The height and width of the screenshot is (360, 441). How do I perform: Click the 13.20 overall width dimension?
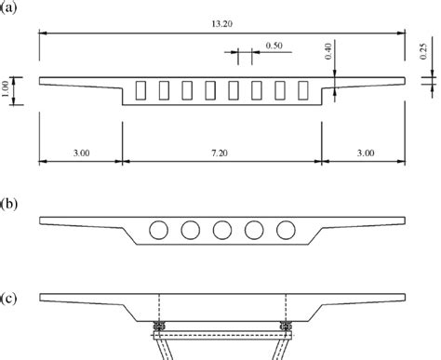[x=221, y=24]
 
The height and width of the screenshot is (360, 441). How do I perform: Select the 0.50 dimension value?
[x=274, y=46]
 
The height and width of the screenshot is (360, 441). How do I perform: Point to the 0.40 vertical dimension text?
[x=328, y=51]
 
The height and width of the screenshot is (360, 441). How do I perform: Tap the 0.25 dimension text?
[x=423, y=51]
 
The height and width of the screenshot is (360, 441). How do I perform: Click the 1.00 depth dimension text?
[x=5, y=89]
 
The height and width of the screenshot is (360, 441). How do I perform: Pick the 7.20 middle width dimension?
[x=220, y=153]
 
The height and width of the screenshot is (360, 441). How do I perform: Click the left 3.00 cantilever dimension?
[x=81, y=153]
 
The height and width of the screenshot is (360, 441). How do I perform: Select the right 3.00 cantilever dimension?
[x=366, y=153]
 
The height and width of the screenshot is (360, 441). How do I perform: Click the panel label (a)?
[x=8, y=7]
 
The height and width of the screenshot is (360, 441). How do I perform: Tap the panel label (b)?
[x=8, y=204]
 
